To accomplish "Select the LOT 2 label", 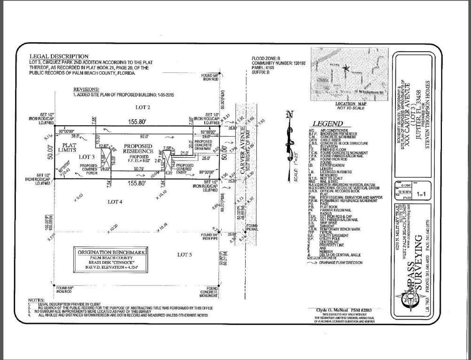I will pos(130,107).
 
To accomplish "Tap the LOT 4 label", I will pos(115,202).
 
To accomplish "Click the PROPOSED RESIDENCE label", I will pos(139,149).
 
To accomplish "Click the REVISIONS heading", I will pos(86,89).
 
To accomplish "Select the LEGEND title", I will pos(324,124).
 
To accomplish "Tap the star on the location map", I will pos(346,68).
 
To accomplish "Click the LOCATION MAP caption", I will pos(350,104).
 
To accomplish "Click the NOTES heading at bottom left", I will pos(36,300).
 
